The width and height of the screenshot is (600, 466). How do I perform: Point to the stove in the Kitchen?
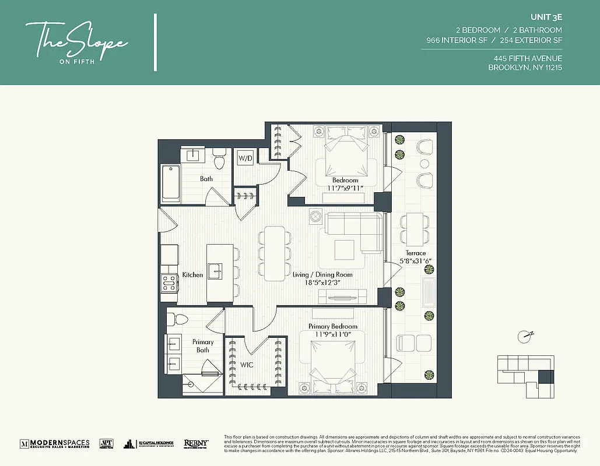pyautogui.click(x=169, y=283)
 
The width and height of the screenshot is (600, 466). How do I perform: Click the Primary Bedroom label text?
pyautogui.click(x=333, y=326)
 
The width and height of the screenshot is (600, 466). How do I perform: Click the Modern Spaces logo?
pyautogui.click(x=55, y=443)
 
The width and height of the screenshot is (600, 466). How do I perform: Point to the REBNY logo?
pyautogui.click(x=197, y=443)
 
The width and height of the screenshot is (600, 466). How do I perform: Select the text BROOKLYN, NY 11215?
pyautogui.click(x=525, y=68)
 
